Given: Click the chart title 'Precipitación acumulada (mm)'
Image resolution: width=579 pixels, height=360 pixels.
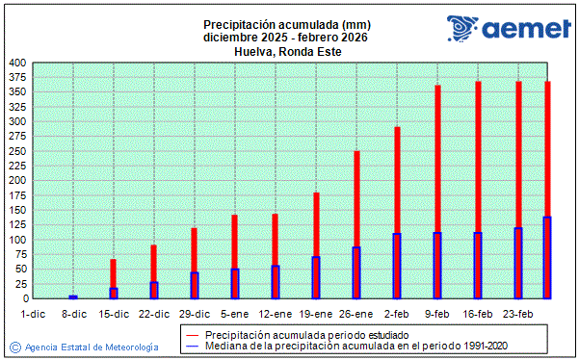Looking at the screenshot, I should click(x=286, y=24).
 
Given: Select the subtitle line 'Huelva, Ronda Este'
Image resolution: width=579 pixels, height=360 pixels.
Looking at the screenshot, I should click(x=286, y=52).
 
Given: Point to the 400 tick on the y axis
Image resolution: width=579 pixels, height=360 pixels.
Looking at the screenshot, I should click(x=18, y=63).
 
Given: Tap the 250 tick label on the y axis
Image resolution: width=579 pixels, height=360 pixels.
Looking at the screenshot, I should click(x=18, y=151).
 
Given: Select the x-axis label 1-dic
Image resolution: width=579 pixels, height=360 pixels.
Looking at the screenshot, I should click(x=33, y=314).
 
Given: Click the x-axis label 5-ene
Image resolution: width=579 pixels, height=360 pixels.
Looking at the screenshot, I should click(x=235, y=314).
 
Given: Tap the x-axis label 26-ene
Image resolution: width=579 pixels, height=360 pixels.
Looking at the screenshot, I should click(x=356, y=314).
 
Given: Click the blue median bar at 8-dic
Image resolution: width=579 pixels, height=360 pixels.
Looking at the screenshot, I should click(x=73, y=296).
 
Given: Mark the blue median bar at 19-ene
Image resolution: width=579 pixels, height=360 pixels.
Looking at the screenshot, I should click(x=316, y=277).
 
